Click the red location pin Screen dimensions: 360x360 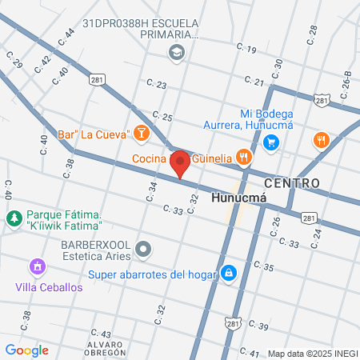[x=181, y=164]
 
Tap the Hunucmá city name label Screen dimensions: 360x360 [x=238, y=197]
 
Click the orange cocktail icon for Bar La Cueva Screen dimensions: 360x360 [x=142, y=132]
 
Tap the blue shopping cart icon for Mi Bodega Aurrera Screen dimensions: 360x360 [x=271, y=142]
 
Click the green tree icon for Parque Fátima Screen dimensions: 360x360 [x=14, y=217]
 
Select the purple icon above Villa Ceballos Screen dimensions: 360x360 [x=36, y=266]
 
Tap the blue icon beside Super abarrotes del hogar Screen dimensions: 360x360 [x=230, y=274]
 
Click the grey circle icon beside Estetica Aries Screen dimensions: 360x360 [x=143, y=249]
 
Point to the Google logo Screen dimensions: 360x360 [x=26, y=350]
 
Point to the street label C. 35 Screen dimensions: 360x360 [x=265, y=266]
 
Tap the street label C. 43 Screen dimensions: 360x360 [x=102, y=333]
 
